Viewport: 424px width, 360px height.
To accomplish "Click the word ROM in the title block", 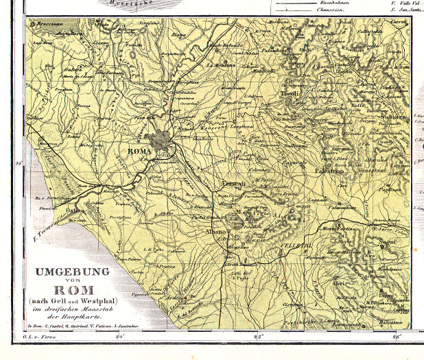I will pos(73,289).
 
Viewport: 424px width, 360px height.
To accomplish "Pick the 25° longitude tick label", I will pos(259,337).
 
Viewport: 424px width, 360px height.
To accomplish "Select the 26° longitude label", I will pos(396,337).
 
